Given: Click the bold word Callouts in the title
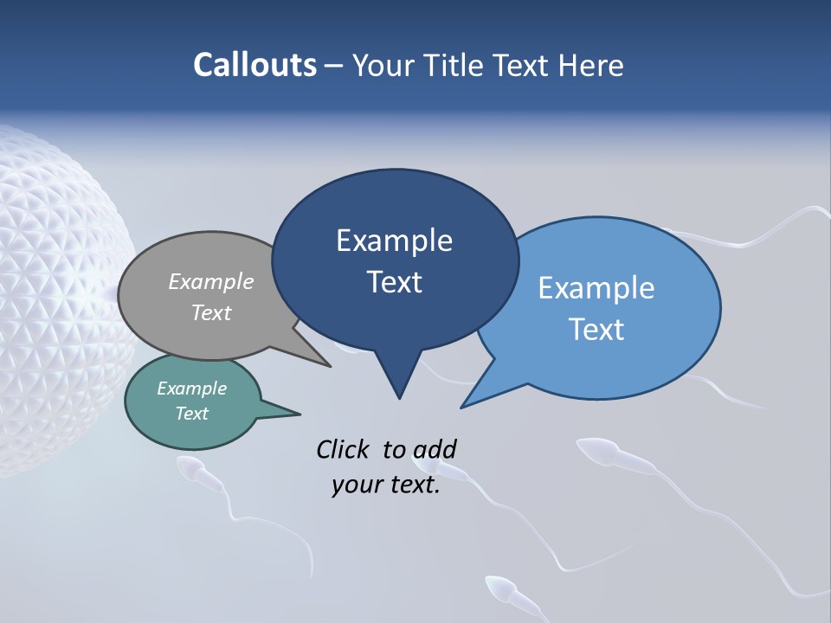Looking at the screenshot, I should (254, 65).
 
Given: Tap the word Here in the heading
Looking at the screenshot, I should (593, 66).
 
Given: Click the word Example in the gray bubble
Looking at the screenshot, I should (211, 281).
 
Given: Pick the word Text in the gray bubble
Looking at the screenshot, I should (211, 312).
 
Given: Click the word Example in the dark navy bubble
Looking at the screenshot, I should (394, 241).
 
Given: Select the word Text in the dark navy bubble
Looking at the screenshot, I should (394, 282).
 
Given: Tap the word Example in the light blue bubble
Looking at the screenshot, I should (596, 288).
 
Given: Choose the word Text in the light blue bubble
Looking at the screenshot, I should (596, 330).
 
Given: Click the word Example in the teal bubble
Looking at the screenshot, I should (191, 389).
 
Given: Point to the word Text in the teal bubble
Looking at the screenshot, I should (191, 414).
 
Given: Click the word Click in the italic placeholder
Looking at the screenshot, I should (345, 449).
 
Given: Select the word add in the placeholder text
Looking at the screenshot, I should (435, 449).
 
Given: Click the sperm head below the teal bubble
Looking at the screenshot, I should (189, 468).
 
